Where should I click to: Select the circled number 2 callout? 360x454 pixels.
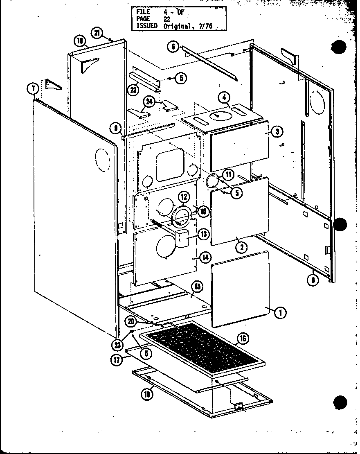point(243,246)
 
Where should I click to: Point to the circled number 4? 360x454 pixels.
point(225,97)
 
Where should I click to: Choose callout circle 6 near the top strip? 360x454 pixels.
point(173,47)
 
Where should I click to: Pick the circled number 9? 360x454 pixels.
point(116,129)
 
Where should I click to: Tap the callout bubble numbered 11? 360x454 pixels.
point(227,175)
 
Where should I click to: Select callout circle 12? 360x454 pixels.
point(184,198)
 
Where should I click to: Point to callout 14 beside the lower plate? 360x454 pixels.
point(205,257)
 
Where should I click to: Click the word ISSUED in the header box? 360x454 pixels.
point(147,26)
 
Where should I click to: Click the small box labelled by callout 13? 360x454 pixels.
point(182,238)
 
